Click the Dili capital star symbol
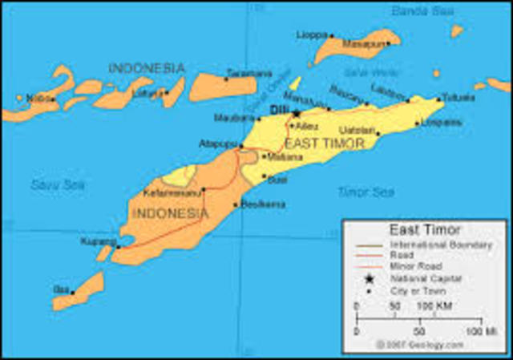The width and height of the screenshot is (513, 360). click(297, 113)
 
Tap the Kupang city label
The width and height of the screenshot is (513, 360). click(95, 241)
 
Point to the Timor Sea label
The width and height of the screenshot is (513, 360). click(366, 192)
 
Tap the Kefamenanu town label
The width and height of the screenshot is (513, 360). click(172, 192)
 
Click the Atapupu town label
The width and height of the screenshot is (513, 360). click(217, 144)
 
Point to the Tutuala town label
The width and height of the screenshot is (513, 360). click(458, 98)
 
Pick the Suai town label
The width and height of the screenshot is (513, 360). click(277, 180)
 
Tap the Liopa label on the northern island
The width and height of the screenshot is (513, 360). click(312, 35)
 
